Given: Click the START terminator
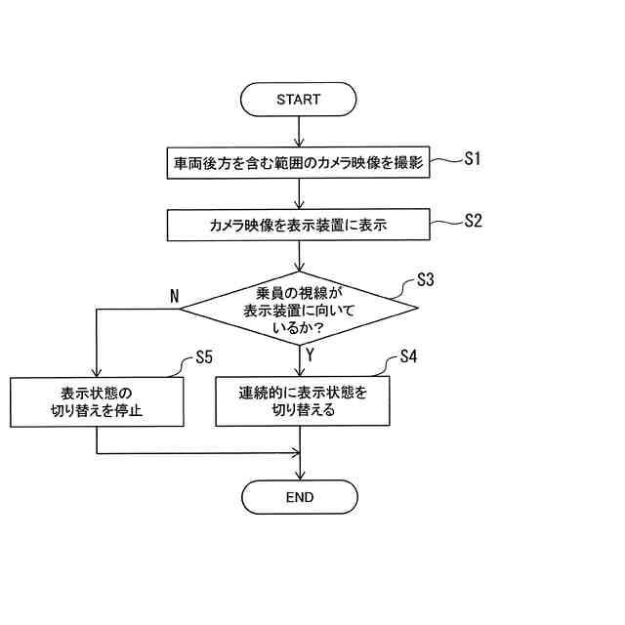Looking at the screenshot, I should [x=299, y=99].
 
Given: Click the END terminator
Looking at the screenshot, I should [x=300, y=497].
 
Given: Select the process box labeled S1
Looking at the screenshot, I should [x=299, y=163].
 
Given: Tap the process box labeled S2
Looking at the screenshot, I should [x=299, y=225].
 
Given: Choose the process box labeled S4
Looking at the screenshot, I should [x=303, y=401].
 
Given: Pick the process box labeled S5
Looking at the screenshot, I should [x=97, y=401].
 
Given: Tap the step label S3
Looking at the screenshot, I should [x=425, y=280].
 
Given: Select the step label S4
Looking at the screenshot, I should [x=408, y=356].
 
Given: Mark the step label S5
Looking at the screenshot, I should [x=204, y=356].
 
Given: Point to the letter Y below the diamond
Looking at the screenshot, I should [x=310, y=355].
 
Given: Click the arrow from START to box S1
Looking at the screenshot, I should [x=299, y=132].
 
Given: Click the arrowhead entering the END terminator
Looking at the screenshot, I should [x=300, y=475].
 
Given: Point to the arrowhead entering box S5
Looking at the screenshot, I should [x=97, y=372].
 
